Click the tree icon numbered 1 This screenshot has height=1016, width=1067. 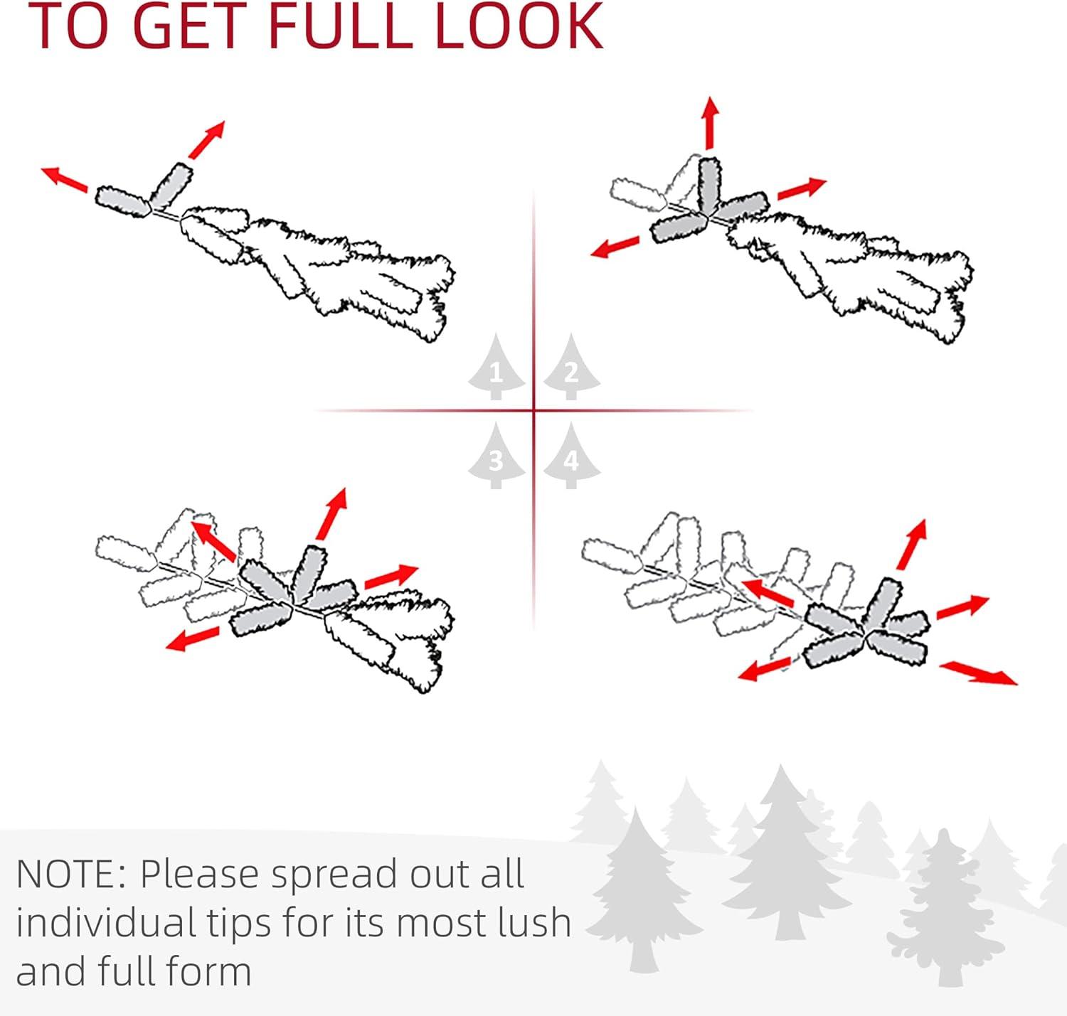point(496,367)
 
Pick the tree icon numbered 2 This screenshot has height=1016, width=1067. point(571,367)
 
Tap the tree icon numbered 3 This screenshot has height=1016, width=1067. point(496,456)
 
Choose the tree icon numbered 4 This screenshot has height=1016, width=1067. point(571,456)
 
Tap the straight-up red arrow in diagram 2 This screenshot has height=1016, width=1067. point(709,122)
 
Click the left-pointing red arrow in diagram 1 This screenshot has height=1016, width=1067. point(65,180)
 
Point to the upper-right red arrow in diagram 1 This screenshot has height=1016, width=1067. point(207,139)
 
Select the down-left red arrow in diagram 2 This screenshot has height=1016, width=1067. point(615,246)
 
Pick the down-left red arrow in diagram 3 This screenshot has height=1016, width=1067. point(192,638)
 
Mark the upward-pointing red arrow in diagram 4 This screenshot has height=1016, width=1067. point(912,544)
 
